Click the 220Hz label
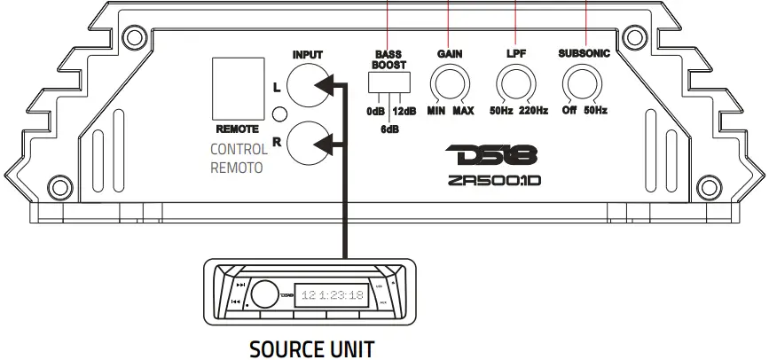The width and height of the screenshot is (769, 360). [533, 111]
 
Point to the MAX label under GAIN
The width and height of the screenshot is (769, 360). [463, 111]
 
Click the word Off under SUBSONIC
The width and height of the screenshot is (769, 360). [569, 111]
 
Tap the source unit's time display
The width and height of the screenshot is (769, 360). [333, 294]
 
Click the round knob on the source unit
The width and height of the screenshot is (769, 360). [263, 293]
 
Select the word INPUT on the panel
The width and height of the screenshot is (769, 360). [307, 55]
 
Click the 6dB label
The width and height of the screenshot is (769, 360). [388, 129]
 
